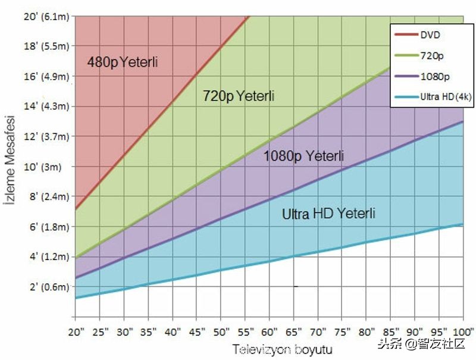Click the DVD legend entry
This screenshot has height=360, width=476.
click(430, 35)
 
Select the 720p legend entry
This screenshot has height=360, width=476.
click(430, 55)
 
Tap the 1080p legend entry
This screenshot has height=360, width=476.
click(433, 76)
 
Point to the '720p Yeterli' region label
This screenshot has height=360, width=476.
click(239, 96)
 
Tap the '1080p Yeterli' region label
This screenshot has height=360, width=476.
click(303, 156)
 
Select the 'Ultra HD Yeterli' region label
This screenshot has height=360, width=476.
click(328, 214)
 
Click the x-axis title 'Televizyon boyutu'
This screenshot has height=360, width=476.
click(282, 349)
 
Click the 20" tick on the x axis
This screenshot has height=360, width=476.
click(76, 331)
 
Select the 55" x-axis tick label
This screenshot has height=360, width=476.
click(246, 331)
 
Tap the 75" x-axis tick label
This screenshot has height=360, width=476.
click(343, 331)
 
